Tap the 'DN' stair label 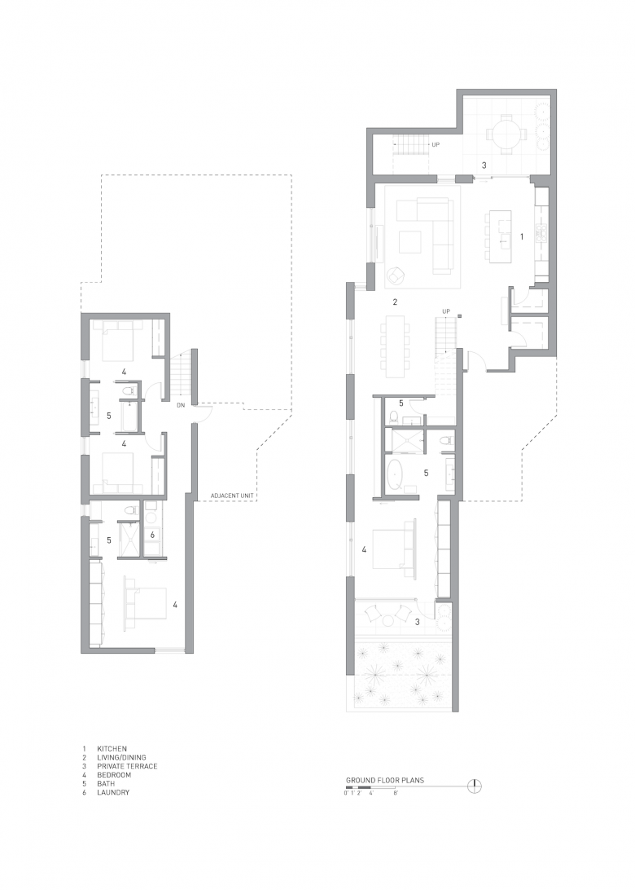[x=181, y=405]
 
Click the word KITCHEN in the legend [x=112, y=749]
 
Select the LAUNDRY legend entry [x=113, y=792]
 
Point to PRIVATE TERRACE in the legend [x=127, y=765]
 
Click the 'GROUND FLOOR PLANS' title [x=385, y=780]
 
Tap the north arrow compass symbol [x=474, y=786]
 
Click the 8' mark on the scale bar [x=396, y=794]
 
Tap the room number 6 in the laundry [x=152, y=534]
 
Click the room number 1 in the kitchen [x=522, y=236]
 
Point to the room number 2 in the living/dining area [x=395, y=302]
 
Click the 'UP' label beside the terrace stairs [x=436, y=144]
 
